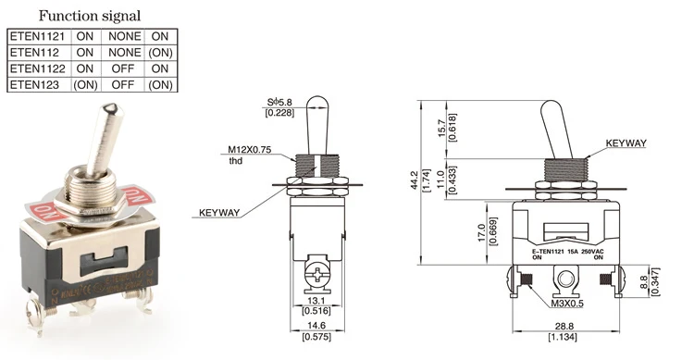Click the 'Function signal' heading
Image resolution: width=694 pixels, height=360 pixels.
tap(90, 16)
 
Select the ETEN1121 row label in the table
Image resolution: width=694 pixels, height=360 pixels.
tap(37, 36)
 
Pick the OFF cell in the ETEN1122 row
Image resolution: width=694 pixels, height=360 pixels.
tap(122, 68)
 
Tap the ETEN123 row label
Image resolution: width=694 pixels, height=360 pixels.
tap(34, 84)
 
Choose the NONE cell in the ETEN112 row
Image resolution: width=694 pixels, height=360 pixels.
tap(124, 52)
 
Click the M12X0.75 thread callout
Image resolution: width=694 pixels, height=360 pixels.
tap(249, 150)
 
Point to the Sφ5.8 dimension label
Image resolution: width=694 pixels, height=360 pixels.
tap(279, 103)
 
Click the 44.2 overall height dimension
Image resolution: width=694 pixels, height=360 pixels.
tap(415, 180)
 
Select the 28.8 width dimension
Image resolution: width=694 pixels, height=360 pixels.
tap(564, 327)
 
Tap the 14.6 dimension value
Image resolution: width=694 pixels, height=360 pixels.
tap(316, 326)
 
